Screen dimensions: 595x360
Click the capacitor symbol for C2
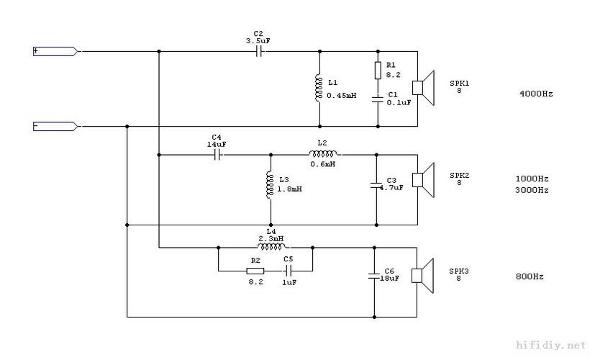pos(259,51)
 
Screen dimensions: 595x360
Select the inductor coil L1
pos(318,88)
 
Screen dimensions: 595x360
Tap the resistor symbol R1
pos(378,71)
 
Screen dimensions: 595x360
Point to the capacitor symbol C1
pos(378,99)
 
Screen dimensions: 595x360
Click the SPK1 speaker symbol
pos(423,88)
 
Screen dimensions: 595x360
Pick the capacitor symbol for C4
pos(217,155)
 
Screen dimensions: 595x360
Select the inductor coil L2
pos(323,153)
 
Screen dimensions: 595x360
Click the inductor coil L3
pos(270,184)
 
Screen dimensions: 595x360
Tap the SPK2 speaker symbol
pos(423,180)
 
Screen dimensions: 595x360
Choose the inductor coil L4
pos(271,247)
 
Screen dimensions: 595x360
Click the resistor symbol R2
pos(255,271)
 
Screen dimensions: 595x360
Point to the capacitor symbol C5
pos(289,271)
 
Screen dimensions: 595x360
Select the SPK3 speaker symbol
pos(423,276)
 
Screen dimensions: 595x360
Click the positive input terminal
pos(55,51)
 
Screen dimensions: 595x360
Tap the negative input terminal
pos(55,127)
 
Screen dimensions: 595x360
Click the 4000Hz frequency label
pos(536,94)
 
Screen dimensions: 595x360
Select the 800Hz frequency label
pos(530,276)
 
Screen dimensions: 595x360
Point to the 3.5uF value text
pos(258,41)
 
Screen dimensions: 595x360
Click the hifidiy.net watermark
pos(551,345)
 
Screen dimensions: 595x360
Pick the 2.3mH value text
pos(271,239)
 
